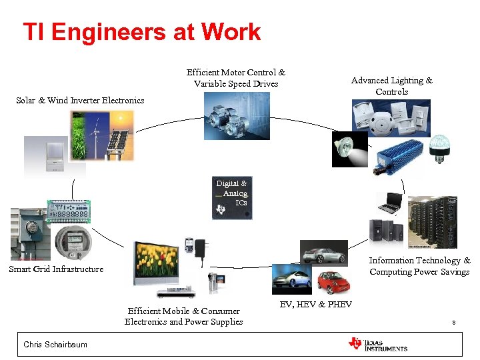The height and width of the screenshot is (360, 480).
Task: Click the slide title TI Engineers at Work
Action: (141, 32)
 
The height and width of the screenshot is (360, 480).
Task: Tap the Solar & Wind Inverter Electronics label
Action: (80, 101)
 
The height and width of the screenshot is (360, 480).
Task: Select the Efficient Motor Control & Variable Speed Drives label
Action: (235, 78)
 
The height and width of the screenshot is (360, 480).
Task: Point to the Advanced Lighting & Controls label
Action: (391, 86)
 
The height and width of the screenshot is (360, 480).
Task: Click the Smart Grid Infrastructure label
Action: (56, 269)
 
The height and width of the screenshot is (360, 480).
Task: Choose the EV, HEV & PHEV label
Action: (315, 305)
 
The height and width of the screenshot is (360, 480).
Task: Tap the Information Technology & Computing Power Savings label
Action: (419, 266)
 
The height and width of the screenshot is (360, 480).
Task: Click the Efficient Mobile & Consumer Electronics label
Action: (183, 316)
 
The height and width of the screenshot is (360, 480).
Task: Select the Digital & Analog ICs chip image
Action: (232, 198)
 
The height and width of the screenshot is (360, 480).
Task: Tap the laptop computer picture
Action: (389, 204)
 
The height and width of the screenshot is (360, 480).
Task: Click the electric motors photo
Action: (236, 116)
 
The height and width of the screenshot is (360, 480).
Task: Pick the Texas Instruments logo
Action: (377, 344)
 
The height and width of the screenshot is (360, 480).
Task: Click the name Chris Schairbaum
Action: (55, 345)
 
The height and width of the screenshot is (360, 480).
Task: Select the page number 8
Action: (453, 323)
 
